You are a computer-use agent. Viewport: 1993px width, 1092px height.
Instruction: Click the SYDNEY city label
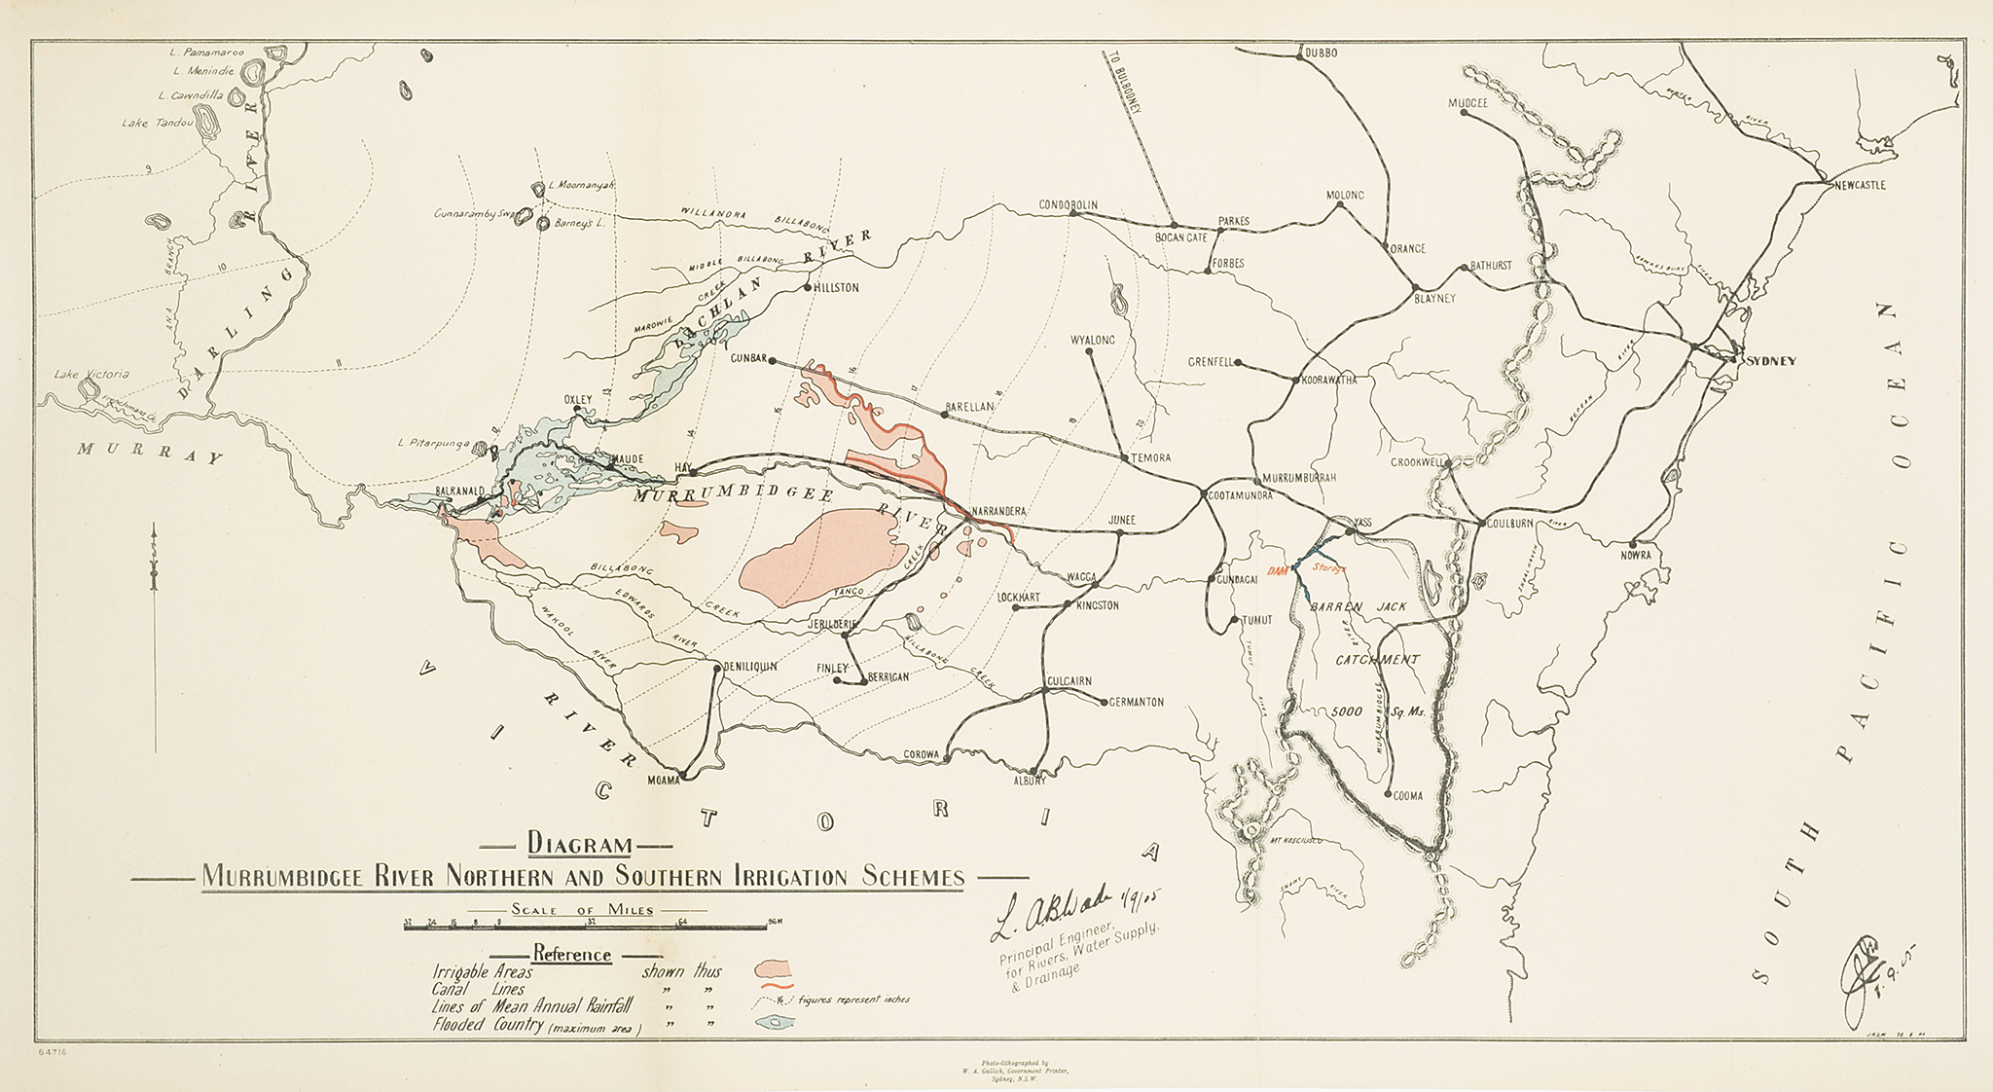click(x=1771, y=361)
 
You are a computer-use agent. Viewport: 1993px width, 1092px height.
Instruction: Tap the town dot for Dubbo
click(x=1299, y=55)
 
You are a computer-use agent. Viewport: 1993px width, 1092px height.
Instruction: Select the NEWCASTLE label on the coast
click(x=1859, y=185)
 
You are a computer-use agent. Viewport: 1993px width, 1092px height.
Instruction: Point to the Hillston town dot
click(x=807, y=288)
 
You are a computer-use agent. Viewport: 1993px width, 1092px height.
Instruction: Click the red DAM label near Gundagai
click(x=1278, y=571)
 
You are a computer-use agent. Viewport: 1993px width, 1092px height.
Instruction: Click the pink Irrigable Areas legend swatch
click(x=775, y=968)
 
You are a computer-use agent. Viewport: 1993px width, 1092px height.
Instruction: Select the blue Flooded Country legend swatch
click(x=775, y=1022)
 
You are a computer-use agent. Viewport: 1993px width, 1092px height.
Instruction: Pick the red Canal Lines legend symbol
click(x=775, y=988)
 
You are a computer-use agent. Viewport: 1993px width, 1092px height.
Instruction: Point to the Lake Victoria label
click(x=91, y=375)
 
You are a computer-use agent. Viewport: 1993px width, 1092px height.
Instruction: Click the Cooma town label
click(x=1407, y=796)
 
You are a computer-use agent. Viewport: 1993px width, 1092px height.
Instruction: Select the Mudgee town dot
click(x=1465, y=114)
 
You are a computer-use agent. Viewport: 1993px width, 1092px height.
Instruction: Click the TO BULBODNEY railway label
click(x=1124, y=83)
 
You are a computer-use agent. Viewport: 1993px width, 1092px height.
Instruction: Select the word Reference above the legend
click(x=571, y=954)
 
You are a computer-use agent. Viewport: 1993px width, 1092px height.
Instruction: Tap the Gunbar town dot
click(x=772, y=361)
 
